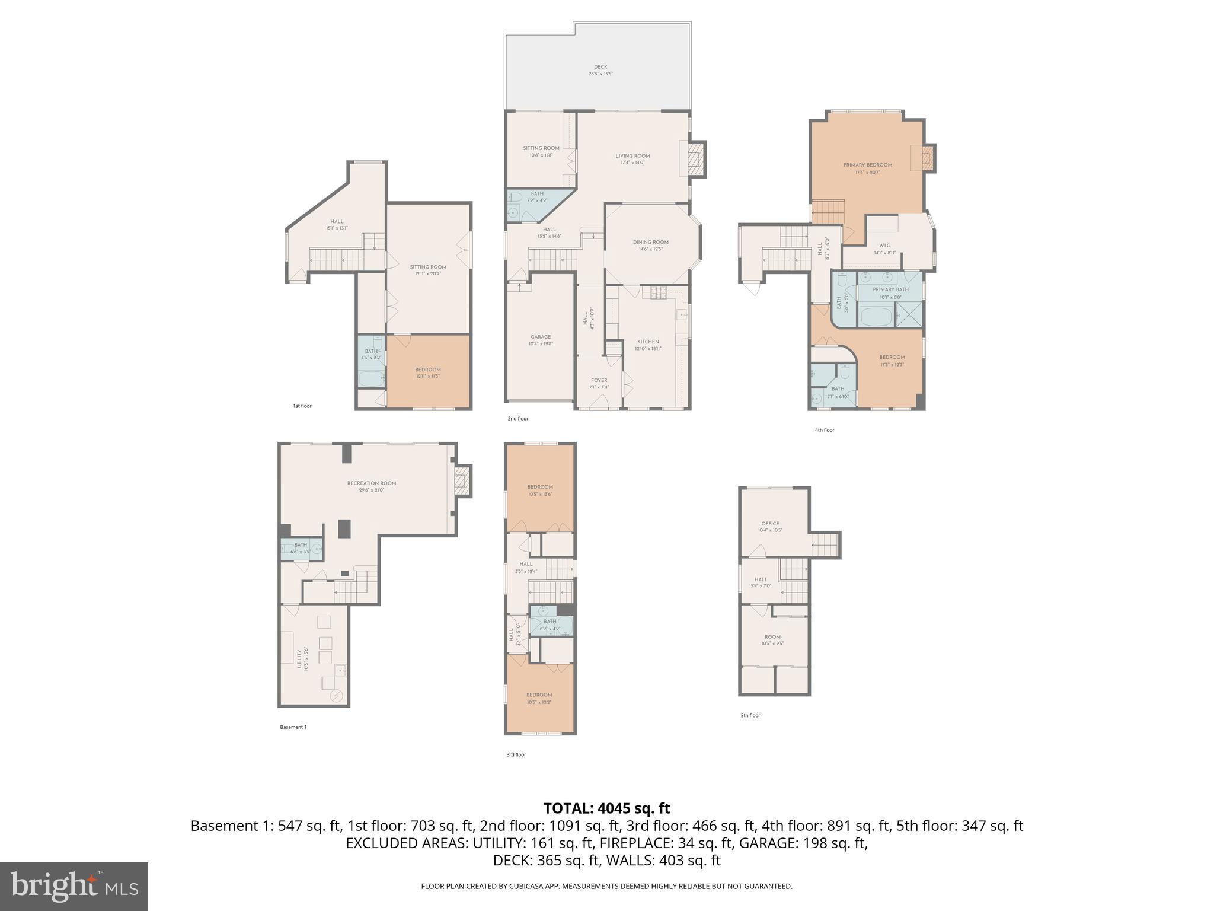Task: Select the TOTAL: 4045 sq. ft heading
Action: [x=606, y=808]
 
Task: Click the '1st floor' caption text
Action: [x=302, y=406]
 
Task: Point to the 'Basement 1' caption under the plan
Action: [x=293, y=727]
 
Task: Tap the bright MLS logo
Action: [x=74, y=886]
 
